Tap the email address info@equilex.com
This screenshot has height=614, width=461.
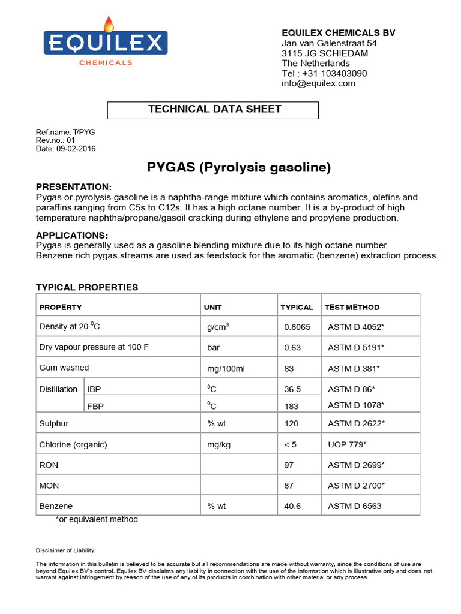click(x=318, y=83)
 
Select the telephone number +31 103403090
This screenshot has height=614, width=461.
click(x=333, y=73)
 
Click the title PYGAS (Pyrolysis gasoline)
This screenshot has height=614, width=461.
click(x=239, y=168)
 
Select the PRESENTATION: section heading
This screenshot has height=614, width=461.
click(x=74, y=186)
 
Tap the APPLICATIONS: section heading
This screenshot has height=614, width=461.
click(x=72, y=235)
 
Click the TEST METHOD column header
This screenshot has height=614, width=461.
click(x=352, y=307)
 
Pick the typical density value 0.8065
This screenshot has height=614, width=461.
click(x=297, y=327)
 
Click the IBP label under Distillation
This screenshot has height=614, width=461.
click(x=94, y=389)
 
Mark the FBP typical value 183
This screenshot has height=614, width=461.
click(x=291, y=406)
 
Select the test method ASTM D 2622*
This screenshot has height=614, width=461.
click(x=356, y=423)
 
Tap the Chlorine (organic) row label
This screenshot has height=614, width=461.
click(x=73, y=445)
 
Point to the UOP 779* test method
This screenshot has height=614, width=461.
click(x=347, y=445)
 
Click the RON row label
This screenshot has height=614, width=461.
click(x=49, y=465)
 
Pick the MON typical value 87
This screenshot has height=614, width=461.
click(x=289, y=485)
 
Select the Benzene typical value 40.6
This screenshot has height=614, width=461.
click(x=292, y=506)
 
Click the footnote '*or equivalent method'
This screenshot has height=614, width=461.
click(x=97, y=519)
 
